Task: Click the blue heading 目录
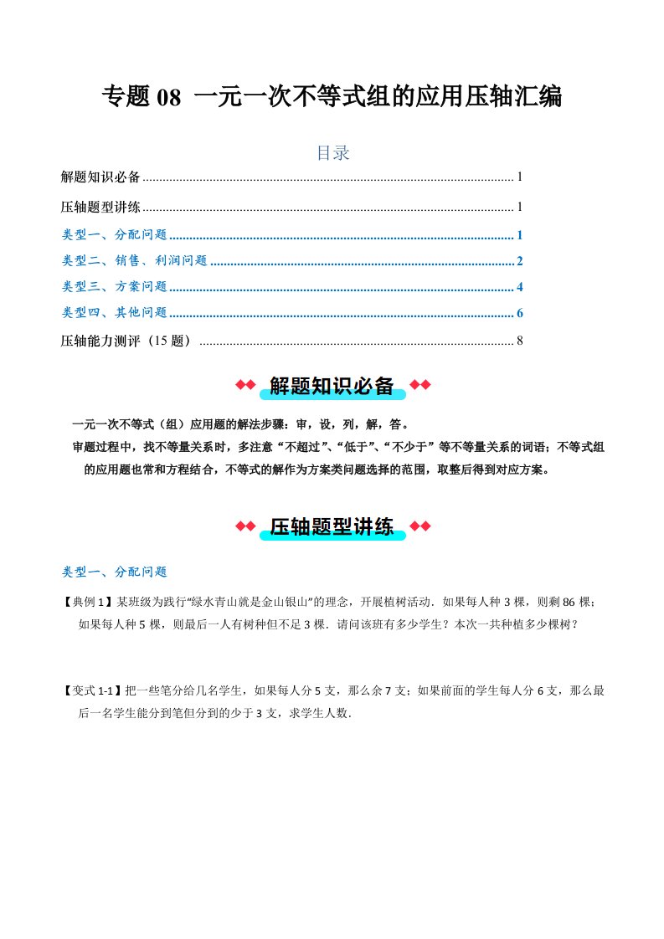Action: click(x=332, y=153)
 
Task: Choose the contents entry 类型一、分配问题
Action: click(x=115, y=235)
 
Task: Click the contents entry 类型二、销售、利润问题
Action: click(x=135, y=261)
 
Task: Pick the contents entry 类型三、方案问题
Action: click(x=115, y=287)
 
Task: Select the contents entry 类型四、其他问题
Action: click(x=115, y=314)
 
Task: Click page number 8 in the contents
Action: click(x=520, y=341)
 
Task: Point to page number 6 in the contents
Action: click(x=520, y=314)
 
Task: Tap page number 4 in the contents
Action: click(x=520, y=287)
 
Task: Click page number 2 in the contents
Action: click(x=520, y=261)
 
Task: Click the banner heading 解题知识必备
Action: click(x=332, y=386)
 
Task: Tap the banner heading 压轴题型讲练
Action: click(x=332, y=526)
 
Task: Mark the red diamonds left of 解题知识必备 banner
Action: click(x=244, y=385)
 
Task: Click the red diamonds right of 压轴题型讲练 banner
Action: click(x=420, y=526)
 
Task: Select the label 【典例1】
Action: click(x=88, y=602)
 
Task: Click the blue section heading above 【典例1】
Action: click(x=115, y=572)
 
